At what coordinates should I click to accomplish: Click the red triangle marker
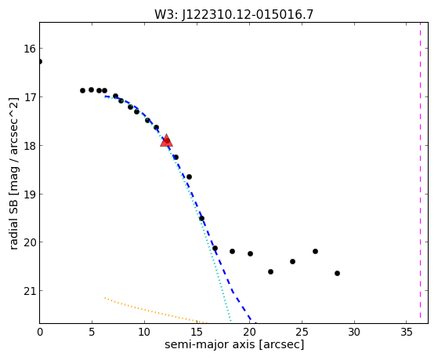166,140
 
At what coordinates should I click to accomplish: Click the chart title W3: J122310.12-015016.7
233,14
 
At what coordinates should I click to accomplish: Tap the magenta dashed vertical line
420,173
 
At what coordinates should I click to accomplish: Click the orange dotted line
156,311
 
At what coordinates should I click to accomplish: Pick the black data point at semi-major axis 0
40,61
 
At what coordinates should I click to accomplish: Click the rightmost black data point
337,273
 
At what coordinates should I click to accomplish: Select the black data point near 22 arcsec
270,271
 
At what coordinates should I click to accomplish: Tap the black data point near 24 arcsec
292,261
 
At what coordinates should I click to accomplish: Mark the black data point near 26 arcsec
315,251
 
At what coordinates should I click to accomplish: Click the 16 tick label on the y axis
30,49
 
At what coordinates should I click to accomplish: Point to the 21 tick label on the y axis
30,291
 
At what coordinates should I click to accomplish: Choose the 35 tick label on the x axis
407,332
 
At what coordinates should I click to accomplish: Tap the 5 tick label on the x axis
92,332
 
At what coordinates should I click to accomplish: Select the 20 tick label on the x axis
249,332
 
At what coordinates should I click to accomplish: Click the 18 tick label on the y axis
30,145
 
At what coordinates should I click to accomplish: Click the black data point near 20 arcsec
250,253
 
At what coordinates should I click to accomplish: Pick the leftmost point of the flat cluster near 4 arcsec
82,90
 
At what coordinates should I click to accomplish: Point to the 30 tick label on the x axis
354,332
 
